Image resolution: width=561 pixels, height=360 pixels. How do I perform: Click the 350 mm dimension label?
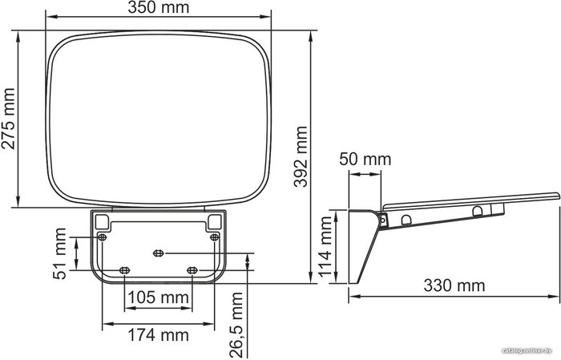pos(159,7)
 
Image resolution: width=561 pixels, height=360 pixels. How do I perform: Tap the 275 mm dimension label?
pos(8,119)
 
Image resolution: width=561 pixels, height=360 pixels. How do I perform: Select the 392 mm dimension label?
pos(301,156)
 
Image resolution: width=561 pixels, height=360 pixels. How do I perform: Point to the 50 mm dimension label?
pos(365,159)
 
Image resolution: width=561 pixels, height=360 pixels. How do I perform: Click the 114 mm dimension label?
pos(325,247)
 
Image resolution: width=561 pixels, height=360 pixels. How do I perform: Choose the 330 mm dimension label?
pos(454,285)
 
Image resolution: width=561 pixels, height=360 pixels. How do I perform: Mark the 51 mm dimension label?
pos(60,253)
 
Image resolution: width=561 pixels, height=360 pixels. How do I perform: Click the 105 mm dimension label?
pos(158,297)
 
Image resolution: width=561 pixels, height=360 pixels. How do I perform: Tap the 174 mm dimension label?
pos(158,335)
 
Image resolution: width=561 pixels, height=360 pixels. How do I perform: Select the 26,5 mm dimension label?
pos(236,325)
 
